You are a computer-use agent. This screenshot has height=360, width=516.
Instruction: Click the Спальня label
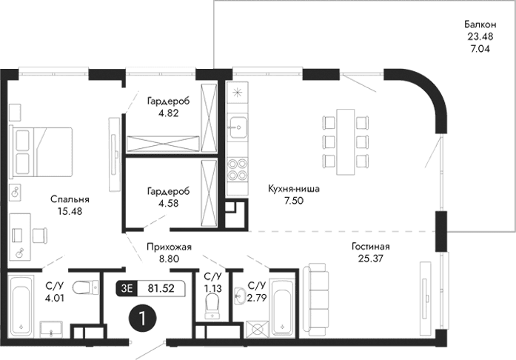(x=70, y=199)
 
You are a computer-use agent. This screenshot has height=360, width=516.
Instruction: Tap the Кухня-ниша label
(x=294, y=189)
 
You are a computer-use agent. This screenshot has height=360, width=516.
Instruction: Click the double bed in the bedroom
(x=41, y=151)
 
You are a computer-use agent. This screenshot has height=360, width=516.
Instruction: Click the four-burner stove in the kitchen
(x=238, y=170)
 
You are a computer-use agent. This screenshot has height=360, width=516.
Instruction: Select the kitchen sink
(x=238, y=128)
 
